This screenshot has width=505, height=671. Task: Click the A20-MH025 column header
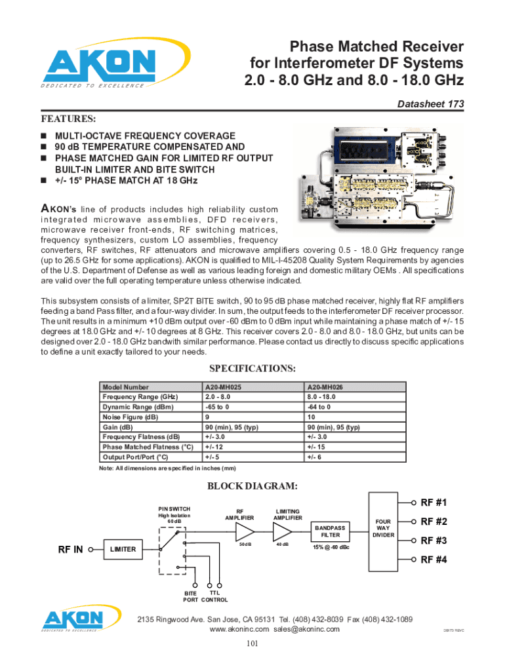click(224, 387)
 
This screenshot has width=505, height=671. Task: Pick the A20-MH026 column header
click(326, 387)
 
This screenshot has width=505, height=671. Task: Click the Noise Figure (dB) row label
click(130, 417)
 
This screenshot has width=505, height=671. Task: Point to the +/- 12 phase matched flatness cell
click(215, 447)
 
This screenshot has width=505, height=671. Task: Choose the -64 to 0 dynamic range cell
click(319, 407)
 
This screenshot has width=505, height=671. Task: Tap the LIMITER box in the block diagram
click(123, 549)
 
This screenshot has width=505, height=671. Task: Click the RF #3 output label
click(434, 541)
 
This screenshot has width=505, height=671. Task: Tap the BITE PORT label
click(190, 596)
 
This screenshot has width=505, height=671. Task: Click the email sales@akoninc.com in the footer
click(307, 629)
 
